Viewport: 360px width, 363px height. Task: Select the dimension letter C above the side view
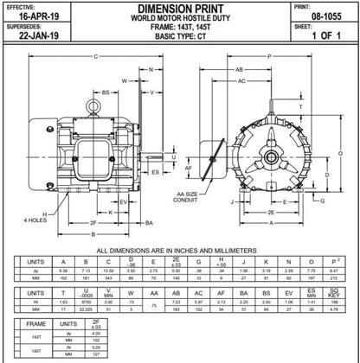94,56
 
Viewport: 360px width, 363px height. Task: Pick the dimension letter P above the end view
271,56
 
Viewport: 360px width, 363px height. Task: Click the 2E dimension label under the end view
273,211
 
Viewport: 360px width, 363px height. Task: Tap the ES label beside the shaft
154,173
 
